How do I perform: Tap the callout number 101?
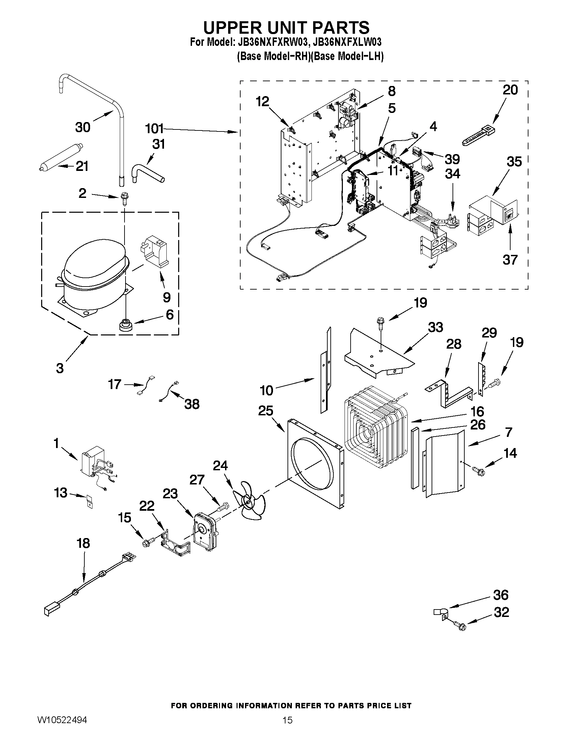point(154,129)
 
